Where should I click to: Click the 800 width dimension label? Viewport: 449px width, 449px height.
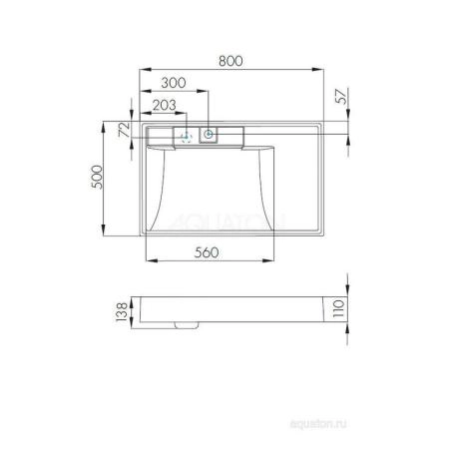point(230,61)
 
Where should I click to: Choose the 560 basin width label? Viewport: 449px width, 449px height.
point(206,253)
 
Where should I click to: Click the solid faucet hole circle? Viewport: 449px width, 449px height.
point(209,134)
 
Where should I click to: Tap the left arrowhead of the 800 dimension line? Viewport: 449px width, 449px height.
point(135,69)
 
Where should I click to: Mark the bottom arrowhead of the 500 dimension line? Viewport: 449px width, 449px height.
point(107,234)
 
